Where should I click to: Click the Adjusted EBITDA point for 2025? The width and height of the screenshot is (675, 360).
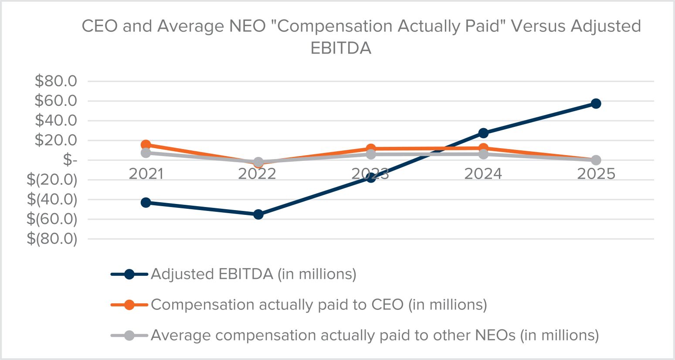[x=596, y=103]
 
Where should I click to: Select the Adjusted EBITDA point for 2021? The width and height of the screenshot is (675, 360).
[x=146, y=202]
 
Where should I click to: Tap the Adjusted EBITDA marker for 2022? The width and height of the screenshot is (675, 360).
[x=258, y=214]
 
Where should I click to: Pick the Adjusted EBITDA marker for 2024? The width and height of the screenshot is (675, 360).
[x=483, y=133]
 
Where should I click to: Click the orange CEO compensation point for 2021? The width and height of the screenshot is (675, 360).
[x=146, y=145]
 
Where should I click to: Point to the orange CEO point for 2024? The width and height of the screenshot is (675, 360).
[x=483, y=148]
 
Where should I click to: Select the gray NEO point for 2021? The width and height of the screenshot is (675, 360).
[x=146, y=153]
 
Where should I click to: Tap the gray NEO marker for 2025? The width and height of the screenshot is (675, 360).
[x=596, y=160]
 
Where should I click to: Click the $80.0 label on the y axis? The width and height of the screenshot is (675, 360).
[x=56, y=81]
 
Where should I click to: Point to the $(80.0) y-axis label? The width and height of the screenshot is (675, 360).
[x=52, y=239]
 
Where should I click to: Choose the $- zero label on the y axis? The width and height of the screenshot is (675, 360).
[x=70, y=160]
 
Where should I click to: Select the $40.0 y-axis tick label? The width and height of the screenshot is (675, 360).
[x=56, y=120]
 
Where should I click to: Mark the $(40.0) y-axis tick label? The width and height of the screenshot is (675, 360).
[x=52, y=199]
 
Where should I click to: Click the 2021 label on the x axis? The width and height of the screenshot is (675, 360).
[x=146, y=174]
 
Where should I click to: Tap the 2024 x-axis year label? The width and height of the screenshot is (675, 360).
[x=483, y=174]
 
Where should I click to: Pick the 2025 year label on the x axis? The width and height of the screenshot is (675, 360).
[x=596, y=174]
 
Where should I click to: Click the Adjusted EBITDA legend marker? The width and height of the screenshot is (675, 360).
[x=129, y=274]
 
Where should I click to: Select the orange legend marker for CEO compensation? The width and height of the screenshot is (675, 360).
[x=129, y=305]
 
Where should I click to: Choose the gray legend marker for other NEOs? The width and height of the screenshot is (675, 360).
[x=129, y=336]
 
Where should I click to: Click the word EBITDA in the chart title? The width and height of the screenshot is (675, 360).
[x=341, y=48]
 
